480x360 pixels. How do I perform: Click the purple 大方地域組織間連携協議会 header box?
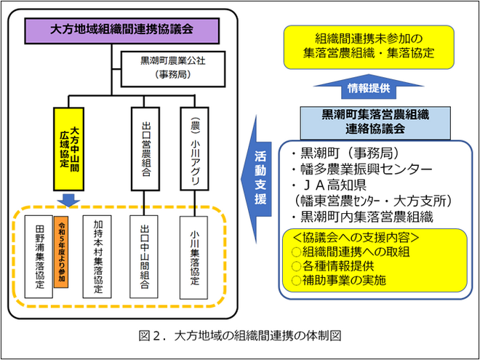[122, 31]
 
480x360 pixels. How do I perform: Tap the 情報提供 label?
[369, 88]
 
